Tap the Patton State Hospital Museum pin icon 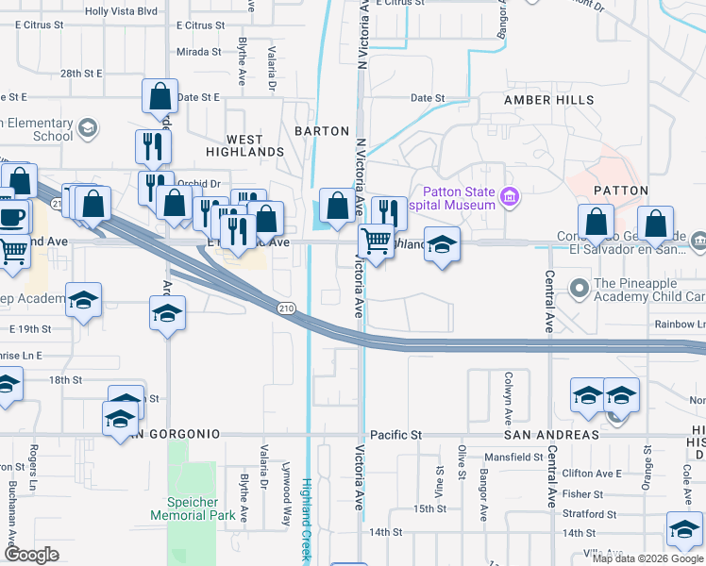tap(511, 197)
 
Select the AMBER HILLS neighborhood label tap(548, 100)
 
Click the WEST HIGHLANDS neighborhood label tap(245, 152)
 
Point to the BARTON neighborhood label tap(322, 131)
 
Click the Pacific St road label tap(395, 435)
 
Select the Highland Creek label tap(306, 519)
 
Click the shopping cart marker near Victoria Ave tap(376, 242)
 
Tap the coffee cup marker tap(11, 217)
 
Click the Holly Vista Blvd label tap(121, 11)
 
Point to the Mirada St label tap(198, 52)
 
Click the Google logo tap(31, 556)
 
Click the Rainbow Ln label tap(680, 324)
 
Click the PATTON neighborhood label tap(621, 191)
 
